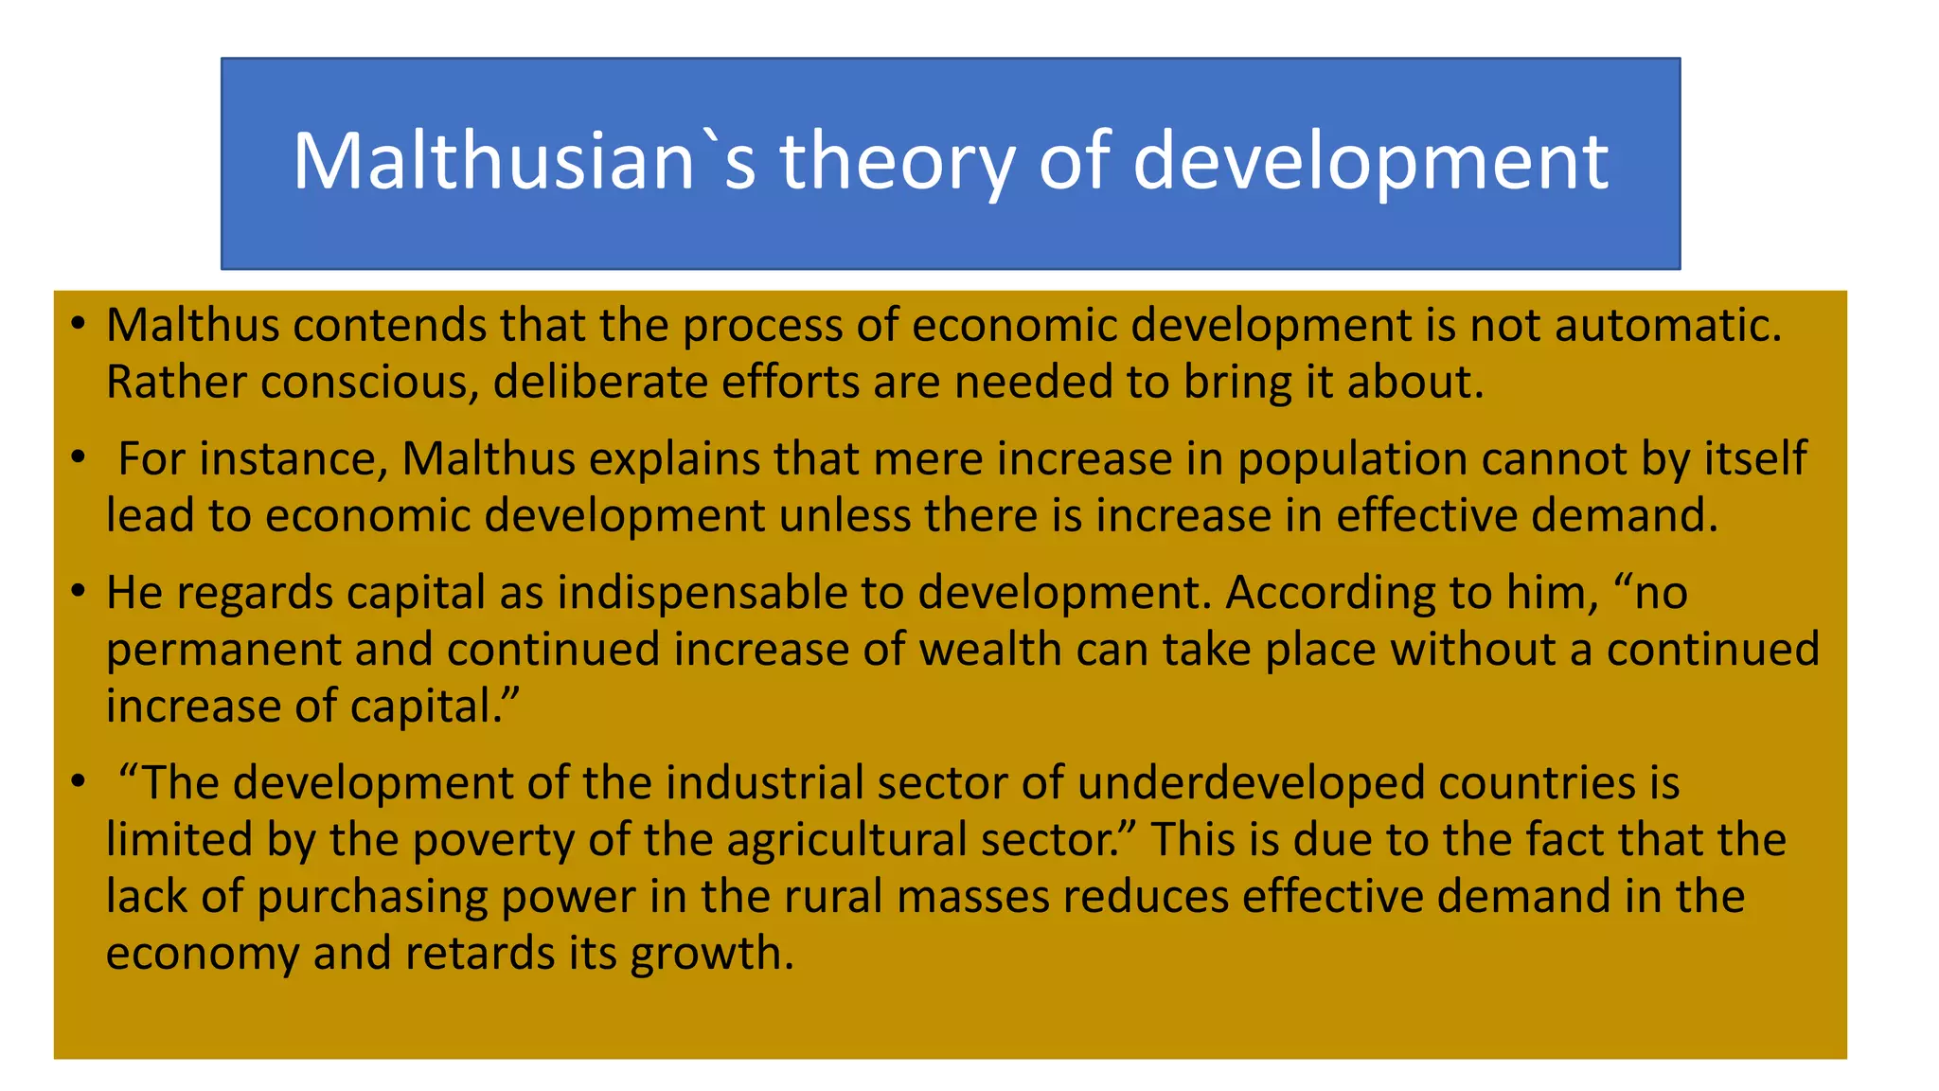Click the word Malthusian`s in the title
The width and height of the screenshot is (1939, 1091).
click(524, 161)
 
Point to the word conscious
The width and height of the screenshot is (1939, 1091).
click(368, 383)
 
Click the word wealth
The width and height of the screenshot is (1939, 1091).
click(990, 650)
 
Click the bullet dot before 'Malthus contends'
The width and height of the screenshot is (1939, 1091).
click(79, 326)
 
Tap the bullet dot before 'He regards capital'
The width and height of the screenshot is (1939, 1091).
click(79, 593)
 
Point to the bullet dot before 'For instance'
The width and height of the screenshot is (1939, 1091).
click(79, 459)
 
